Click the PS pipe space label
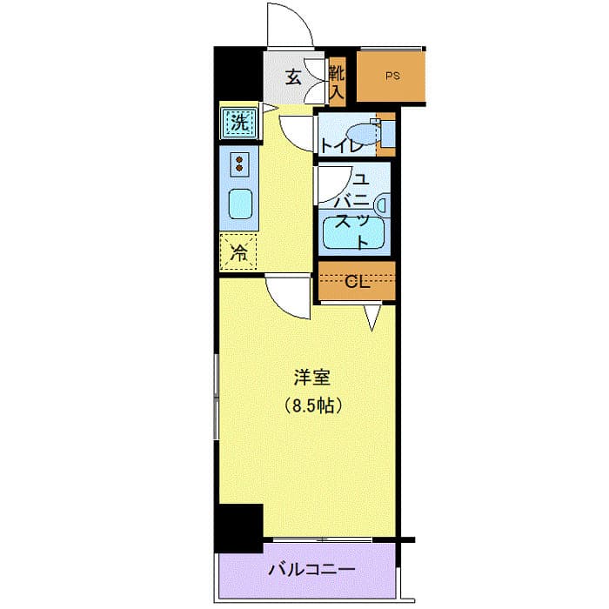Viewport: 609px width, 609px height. [x=393, y=76]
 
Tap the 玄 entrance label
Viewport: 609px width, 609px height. [x=294, y=77]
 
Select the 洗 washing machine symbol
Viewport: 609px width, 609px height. [x=238, y=123]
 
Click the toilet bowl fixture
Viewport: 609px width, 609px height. [x=379, y=134]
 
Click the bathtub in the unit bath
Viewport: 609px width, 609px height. [x=354, y=232]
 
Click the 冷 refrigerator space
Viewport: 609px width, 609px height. [x=238, y=253]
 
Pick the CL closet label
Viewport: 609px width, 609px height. [x=355, y=281]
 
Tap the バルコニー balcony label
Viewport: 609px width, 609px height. [x=311, y=571]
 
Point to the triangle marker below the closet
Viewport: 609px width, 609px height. [x=371, y=318]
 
